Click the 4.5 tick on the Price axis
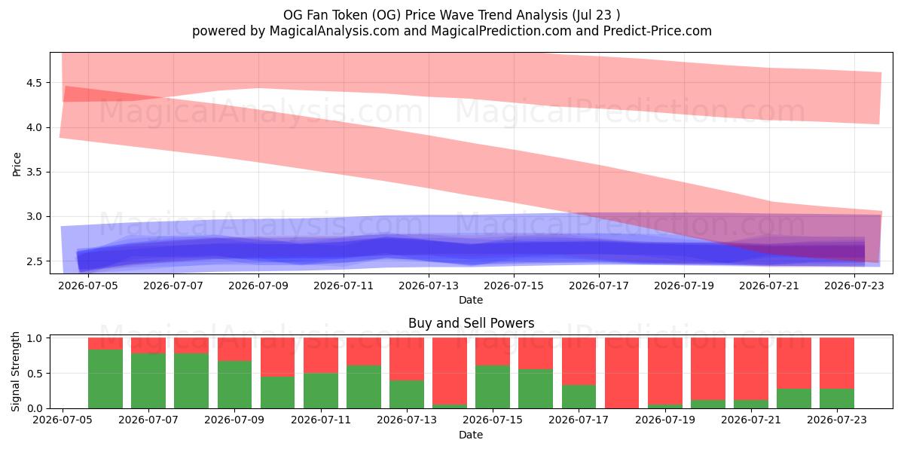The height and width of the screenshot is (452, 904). (34, 83)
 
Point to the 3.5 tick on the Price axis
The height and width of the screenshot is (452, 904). (34, 173)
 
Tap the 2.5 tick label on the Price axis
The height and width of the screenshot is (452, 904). (34, 261)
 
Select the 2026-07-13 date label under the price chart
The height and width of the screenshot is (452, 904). (429, 286)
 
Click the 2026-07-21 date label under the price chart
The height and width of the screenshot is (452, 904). (769, 286)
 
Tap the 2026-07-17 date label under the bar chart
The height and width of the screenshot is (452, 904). (579, 420)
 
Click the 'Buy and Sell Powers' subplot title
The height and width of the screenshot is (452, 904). (472, 323)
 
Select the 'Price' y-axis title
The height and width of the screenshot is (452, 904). (17, 164)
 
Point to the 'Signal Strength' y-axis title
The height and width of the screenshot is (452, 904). (15, 371)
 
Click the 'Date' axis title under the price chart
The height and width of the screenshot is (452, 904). (471, 300)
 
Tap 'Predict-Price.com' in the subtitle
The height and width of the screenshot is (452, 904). (658, 31)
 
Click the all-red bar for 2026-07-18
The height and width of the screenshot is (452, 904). (622, 373)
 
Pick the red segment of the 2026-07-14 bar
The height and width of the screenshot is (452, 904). (450, 371)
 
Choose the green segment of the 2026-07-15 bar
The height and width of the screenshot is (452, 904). (493, 387)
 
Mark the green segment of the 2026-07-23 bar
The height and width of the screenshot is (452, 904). (837, 399)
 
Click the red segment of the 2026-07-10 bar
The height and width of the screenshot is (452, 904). (278, 357)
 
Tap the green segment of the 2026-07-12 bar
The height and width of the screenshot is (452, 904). (364, 387)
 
